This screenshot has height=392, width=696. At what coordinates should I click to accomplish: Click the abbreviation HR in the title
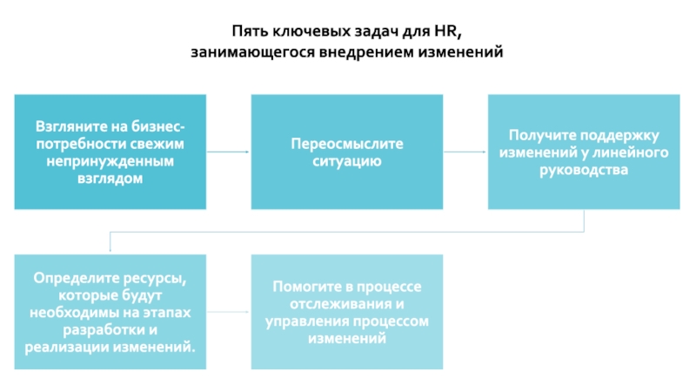pos(445,31)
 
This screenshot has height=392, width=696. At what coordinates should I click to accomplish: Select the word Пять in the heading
pos(249,31)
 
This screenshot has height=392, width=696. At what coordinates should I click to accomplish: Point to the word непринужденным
pos(110,161)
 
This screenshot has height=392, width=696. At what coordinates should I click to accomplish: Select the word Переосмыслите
pos(347,144)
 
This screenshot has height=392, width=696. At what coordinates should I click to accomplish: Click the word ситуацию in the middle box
pos(347,161)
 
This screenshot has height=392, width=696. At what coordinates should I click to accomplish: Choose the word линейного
pos(634,152)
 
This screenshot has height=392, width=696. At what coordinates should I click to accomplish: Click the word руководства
pos(584,170)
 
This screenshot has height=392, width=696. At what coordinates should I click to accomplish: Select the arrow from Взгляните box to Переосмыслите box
pos(228,152)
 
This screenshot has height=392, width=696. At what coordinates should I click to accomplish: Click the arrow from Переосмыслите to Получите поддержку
pos(465,152)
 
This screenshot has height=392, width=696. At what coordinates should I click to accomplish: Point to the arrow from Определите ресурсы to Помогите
pos(228,312)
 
